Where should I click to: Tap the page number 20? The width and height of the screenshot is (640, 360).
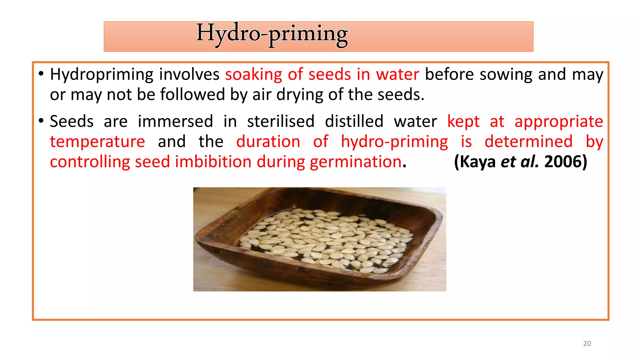587,343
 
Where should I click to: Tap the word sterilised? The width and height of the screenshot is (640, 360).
281,121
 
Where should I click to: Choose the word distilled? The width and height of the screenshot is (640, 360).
354,121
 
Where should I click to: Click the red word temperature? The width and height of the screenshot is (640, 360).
97,142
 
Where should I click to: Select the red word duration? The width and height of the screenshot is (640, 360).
268,142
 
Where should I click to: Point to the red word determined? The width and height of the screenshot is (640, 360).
528,142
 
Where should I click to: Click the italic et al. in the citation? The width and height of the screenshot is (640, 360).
520,162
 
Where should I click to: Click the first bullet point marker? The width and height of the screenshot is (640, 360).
41,74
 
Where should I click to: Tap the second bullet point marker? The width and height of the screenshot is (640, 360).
41,121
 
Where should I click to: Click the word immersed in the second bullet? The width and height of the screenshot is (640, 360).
175,121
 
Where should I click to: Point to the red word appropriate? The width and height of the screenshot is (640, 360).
559,122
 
